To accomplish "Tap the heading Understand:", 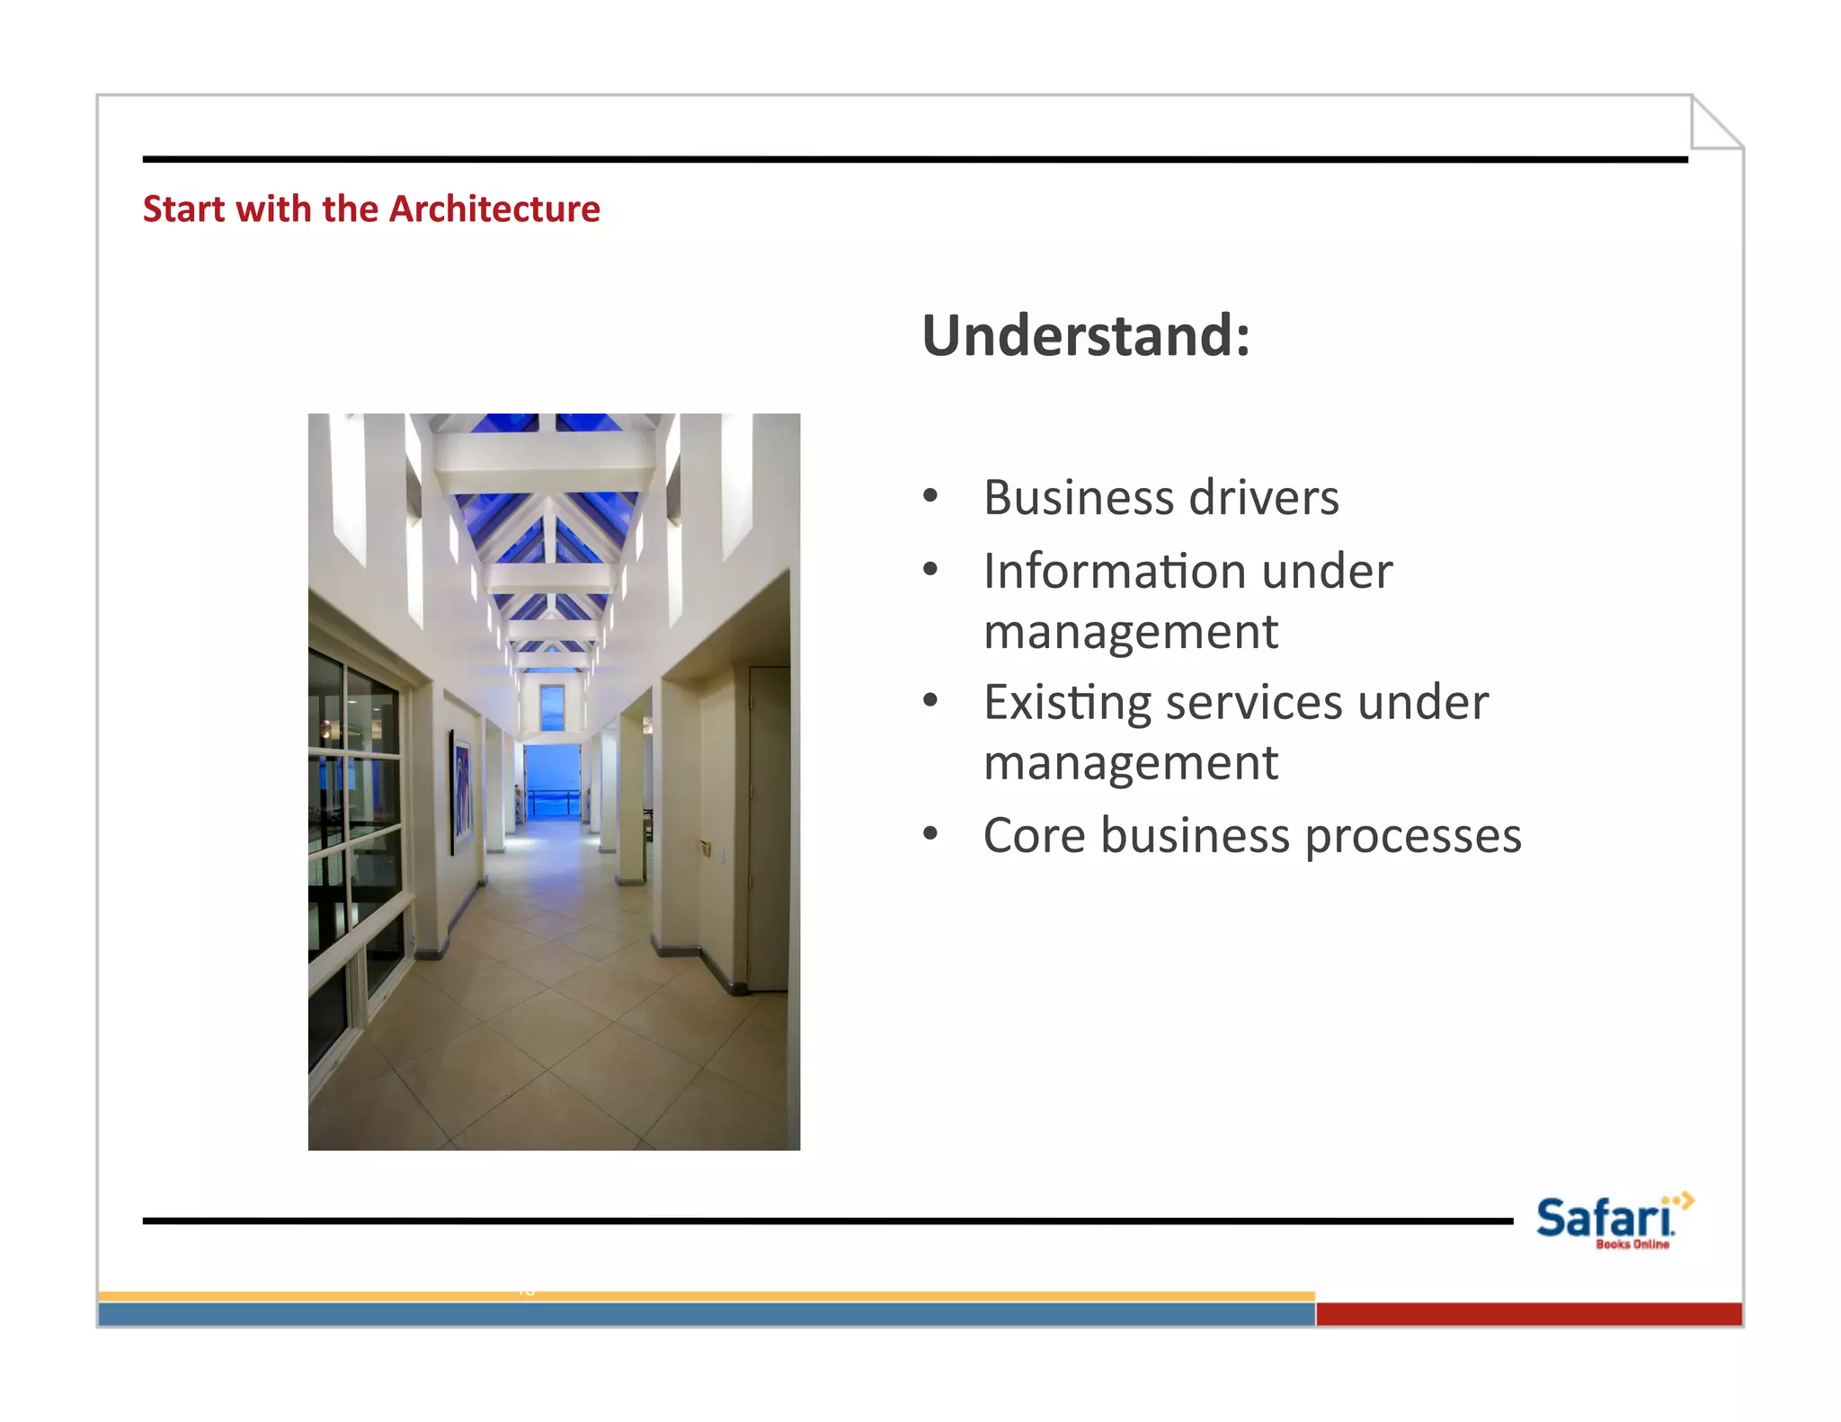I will point(1085,335).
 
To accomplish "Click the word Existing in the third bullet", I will point(1066,703).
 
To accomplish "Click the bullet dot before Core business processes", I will point(930,833).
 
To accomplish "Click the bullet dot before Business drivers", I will point(930,496).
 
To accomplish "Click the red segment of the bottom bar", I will point(1528,1314).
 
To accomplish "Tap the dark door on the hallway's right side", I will point(769,827).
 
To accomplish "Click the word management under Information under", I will point(1130,632).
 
